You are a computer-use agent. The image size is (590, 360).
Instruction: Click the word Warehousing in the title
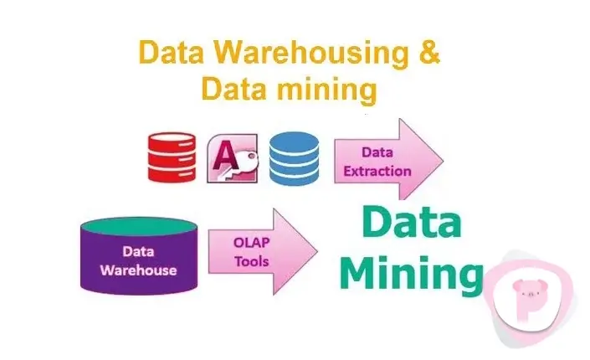pyautogui.click(x=310, y=53)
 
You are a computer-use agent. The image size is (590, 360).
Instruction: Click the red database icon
pyautogui.click(x=172, y=157)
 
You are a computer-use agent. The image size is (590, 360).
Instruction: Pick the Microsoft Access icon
pyautogui.click(x=233, y=158)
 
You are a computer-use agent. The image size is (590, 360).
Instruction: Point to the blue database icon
pyautogui.click(x=294, y=158)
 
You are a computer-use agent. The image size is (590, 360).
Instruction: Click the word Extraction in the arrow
pyautogui.click(x=377, y=172)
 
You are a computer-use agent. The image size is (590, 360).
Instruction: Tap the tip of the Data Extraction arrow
pyautogui.click(x=444, y=161)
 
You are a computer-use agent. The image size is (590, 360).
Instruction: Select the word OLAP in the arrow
pyautogui.click(x=251, y=243)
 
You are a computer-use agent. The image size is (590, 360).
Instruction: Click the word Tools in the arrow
pyautogui.click(x=251, y=261)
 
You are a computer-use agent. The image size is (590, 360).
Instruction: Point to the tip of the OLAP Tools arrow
pyautogui.click(x=318, y=251)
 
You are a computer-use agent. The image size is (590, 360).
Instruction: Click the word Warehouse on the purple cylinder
pyautogui.click(x=138, y=270)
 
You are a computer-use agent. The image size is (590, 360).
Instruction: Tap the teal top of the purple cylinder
pyautogui.click(x=139, y=226)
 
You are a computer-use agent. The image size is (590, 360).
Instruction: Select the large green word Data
pyautogui.click(x=412, y=222)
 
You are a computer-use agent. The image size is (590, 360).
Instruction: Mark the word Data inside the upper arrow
pyautogui.click(x=377, y=152)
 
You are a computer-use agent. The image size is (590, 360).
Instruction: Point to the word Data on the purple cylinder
pyautogui.click(x=138, y=251)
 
